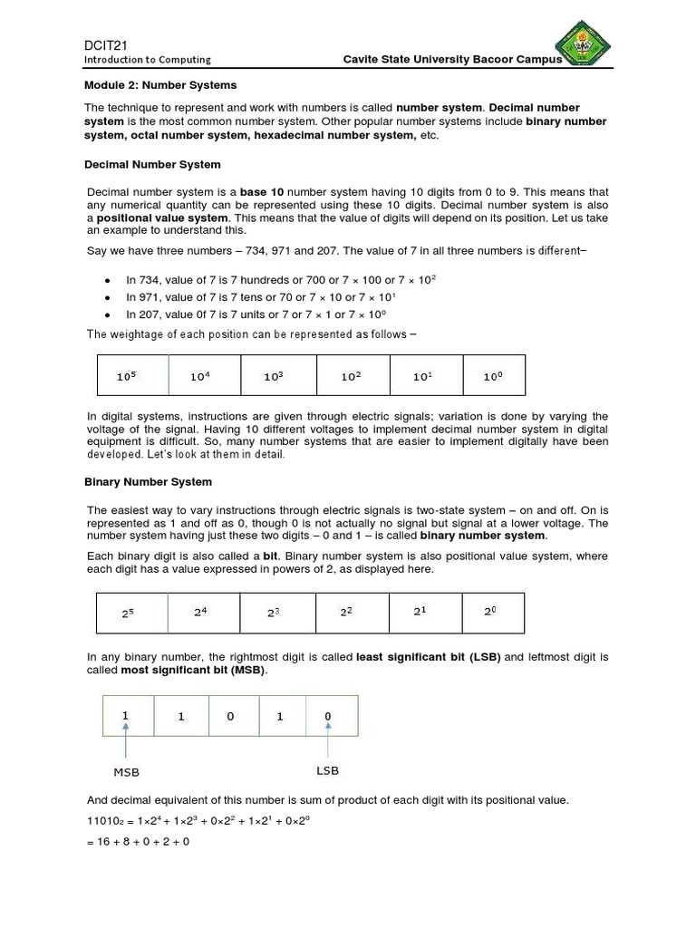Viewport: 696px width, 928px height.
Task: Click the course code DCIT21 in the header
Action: [x=104, y=44]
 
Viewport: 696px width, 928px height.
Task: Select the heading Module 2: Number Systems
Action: [x=160, y=85]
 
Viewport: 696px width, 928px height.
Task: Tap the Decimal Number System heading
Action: [x=152, y=165]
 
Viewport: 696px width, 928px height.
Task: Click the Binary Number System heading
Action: [x=148, y=482]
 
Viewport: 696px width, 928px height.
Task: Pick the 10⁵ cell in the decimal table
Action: [x=132, y=376]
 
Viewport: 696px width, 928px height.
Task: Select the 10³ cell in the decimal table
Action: [x=278, y=376]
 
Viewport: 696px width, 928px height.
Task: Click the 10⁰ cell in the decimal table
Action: [x=493, y=376]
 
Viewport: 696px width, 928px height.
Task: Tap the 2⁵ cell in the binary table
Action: [x=132, y=614]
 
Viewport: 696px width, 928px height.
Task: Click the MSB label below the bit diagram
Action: [x=126, y=772]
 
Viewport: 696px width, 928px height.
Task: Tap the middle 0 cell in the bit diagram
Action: [x=230, y=717]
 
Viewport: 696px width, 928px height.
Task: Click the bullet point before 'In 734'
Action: [x=108, y=280]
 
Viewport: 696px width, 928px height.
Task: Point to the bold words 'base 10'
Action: [x=261, y=192]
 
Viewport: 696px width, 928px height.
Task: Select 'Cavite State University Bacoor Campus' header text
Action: [x=452, y=59]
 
